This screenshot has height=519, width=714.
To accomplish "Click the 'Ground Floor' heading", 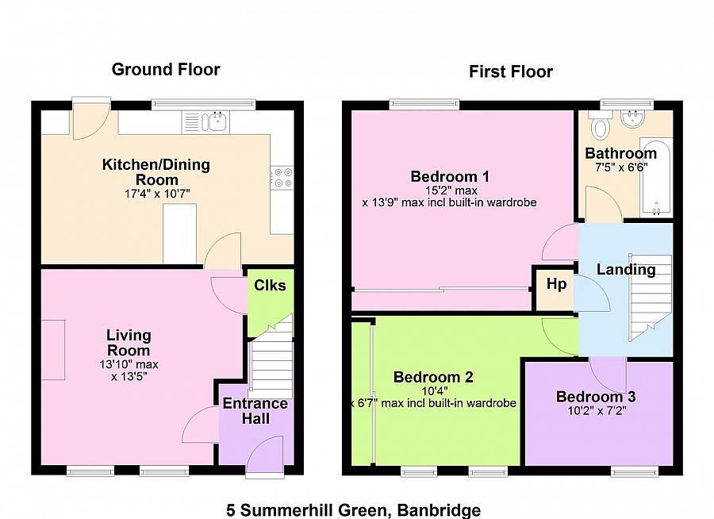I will (x=165, y=70).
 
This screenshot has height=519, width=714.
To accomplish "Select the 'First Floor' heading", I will (x=510, y=72).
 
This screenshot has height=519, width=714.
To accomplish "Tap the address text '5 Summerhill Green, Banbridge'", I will (x=353, y=509).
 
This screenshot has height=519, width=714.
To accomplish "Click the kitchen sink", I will (x=215, y=121).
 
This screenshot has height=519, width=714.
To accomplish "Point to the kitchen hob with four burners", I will (x=282, y=177).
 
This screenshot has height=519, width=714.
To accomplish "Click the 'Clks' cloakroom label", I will (x=270, y=286).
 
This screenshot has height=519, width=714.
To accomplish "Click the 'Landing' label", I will (x=626, y=270).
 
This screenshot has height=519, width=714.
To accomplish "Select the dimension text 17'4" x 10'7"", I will (x=156, y=194).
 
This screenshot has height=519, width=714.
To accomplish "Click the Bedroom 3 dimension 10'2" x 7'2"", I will (x=595, y=412).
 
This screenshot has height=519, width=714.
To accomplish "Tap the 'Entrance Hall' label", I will (x=255, y=410).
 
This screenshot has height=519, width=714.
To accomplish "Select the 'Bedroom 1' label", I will (x=449, y=176).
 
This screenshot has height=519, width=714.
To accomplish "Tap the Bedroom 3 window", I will (x=634, y=471).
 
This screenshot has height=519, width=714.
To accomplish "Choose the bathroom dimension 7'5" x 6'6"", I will (x=620, y=167).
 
